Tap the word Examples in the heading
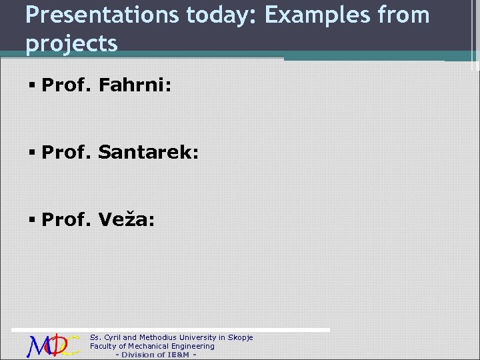point(314,15)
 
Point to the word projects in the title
point(71,43)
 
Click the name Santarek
point(148,153)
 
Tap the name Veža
point(127,219)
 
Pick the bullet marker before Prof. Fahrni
point(32,85)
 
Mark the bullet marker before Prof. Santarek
point(32,153)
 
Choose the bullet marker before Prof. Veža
point(32,220)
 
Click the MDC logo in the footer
point(53,345)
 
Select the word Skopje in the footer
point(241,337)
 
